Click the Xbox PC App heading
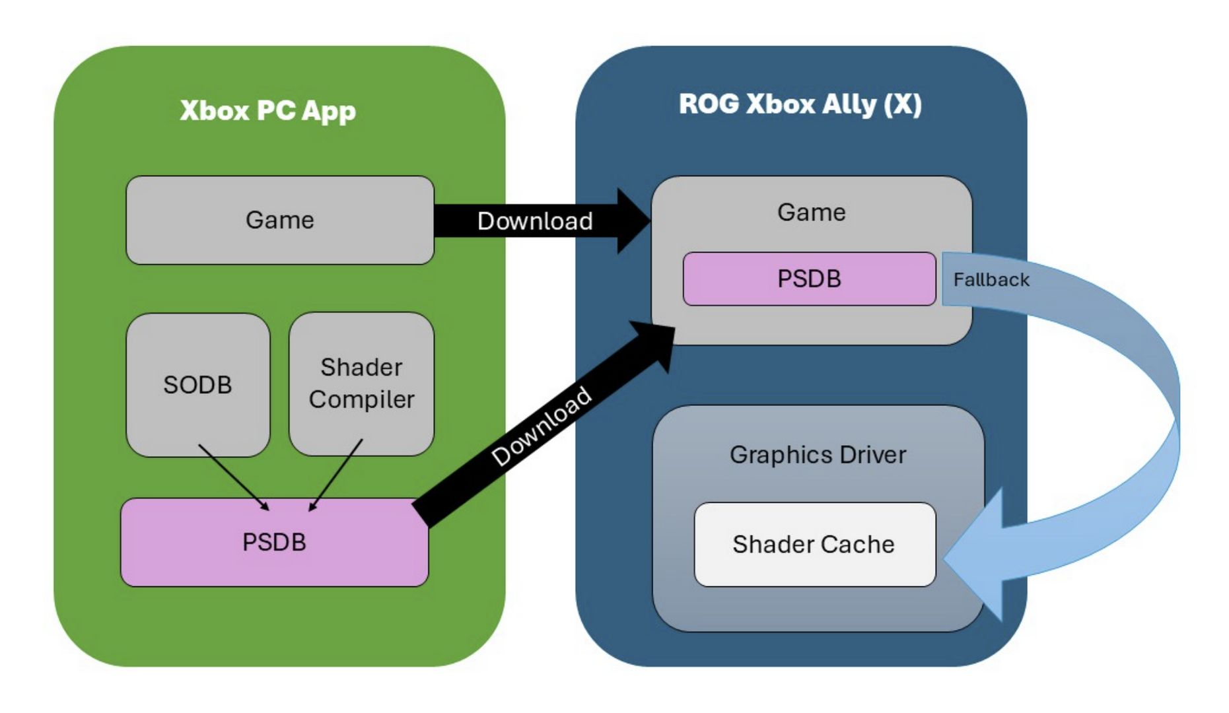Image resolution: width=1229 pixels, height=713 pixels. [267, 110]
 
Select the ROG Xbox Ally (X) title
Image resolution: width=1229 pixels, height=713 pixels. [800, 104]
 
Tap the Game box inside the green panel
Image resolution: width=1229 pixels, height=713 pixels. [279, 220]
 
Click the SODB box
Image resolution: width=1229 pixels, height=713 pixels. [197, 385]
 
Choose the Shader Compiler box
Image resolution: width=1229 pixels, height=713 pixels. [361, 384]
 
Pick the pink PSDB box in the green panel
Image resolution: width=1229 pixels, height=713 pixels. [274, 542]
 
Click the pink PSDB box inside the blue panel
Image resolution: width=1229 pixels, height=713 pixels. [809, 279]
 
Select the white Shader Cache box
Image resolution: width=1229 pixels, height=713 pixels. [814, 544]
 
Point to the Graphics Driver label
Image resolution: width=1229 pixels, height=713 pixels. [818, 455]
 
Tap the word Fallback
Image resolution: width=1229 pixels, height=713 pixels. [991, 280]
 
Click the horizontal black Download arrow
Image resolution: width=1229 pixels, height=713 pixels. [535, 221]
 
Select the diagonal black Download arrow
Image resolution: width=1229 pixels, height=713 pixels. [542, 426]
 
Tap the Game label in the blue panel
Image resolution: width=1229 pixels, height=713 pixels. [811, 213]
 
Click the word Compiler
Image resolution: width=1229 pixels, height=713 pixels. [361, 399]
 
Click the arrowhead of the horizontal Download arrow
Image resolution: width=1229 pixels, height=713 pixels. [633, 221]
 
